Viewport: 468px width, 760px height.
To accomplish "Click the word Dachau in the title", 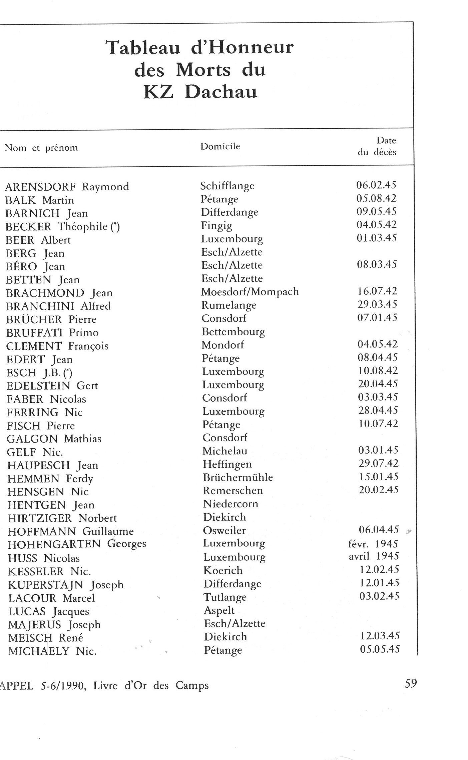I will tap(221, 92).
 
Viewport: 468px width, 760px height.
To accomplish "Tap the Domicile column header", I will tap(220, 146).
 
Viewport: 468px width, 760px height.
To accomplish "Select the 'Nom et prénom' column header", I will tap(41, 148).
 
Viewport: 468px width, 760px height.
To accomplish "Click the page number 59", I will tap(411, 684).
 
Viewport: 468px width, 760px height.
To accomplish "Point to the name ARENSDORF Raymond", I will tap(67, 187).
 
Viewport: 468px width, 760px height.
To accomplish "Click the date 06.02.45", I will tap(376, 185).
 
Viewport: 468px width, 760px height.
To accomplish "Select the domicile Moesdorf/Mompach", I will tap(250, 292).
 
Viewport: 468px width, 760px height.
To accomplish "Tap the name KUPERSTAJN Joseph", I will tap(66, 585).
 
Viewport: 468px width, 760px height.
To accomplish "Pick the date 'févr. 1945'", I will tap(373, 544).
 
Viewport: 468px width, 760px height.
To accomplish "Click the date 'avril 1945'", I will tap(374, 556).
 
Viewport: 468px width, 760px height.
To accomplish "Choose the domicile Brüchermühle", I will tap(238, 477).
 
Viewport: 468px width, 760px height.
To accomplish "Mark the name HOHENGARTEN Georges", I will tap(77, 544).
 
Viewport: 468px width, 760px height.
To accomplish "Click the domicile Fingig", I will tap(216, 226).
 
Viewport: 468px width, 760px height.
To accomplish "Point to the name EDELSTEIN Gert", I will tap(52, 386).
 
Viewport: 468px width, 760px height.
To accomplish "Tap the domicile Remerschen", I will tap(233, 490).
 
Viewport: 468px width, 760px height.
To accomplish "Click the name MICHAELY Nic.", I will tap(52, 651).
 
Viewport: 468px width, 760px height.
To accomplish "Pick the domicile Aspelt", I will tap(219, 610).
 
